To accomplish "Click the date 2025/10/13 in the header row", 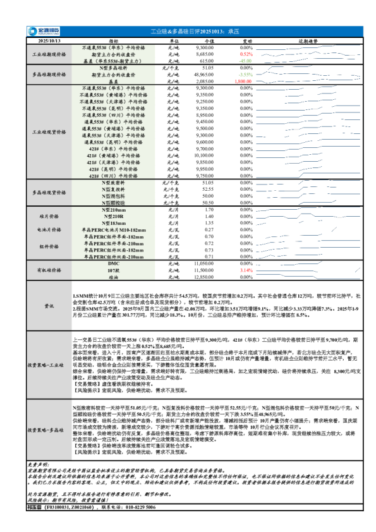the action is [49, 40].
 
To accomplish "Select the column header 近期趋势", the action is [308, 40].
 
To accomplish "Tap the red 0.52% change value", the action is [246, 54].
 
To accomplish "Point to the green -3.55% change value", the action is [246, 75].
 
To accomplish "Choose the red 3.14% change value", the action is [246, 270].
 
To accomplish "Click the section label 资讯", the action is [49, 306].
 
